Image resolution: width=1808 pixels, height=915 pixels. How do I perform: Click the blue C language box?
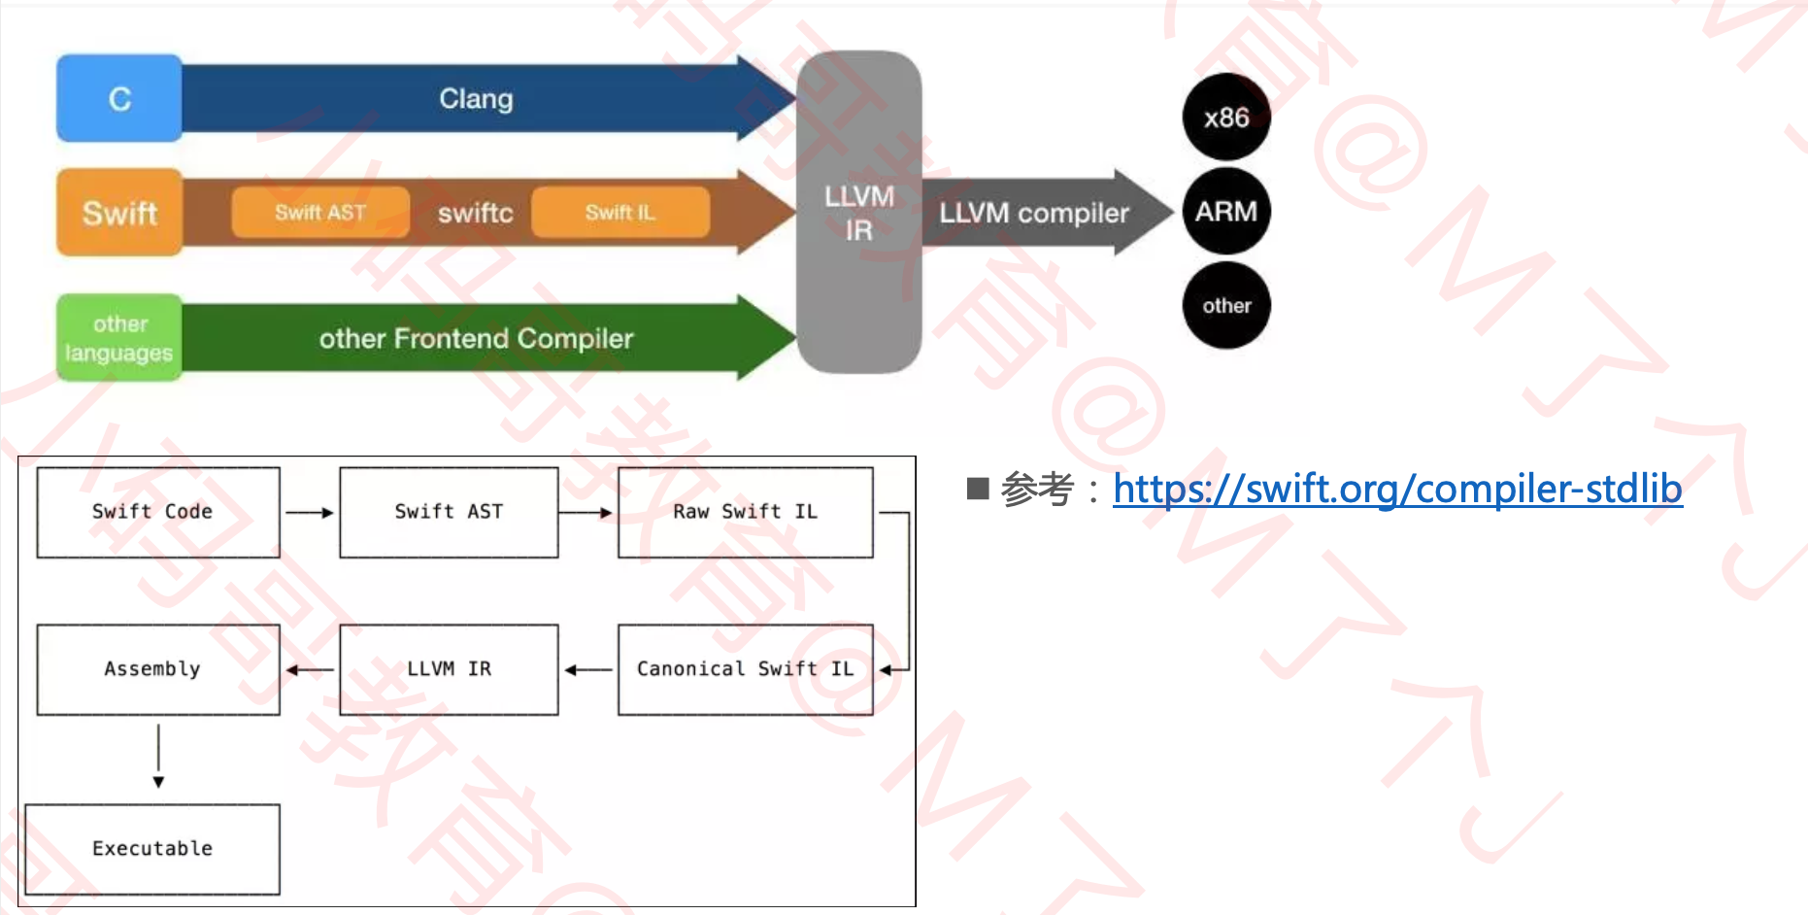pos(119,98)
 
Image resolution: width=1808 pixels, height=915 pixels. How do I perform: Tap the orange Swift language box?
pos(119,213)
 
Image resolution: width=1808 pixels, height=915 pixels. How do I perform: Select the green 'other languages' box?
pos(119,338)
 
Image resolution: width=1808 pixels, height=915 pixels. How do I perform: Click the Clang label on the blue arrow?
pos(476,98)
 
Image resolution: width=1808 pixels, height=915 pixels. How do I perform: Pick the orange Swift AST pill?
pos(319,213)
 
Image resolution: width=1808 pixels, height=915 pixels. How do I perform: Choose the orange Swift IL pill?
pos(620,213)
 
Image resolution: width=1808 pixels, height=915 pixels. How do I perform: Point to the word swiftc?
pos(475,213)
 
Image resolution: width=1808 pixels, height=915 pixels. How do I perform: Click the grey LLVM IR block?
pos(859,213)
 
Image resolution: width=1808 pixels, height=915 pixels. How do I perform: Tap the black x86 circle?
pos(1226,118)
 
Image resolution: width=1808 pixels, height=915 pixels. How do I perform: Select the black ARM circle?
pos(1226,212)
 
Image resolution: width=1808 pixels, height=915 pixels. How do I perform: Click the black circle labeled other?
pos(1226,306)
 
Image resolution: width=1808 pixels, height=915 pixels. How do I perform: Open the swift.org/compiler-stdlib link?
pos(1397,489)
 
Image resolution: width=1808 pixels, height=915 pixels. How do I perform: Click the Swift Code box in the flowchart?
pos(158,512)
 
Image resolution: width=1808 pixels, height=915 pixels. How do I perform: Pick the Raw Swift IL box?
pos(745,512)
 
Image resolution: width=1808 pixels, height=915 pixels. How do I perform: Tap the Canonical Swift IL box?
pos(745,669)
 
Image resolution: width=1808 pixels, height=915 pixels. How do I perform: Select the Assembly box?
pos(158,669)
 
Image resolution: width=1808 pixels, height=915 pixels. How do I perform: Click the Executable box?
pos(152,848)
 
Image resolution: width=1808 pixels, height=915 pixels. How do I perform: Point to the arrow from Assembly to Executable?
pos(158,756)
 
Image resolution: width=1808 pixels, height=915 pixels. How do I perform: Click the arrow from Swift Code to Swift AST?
pos(310,513)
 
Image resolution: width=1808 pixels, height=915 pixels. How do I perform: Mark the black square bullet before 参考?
pos(978,489)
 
